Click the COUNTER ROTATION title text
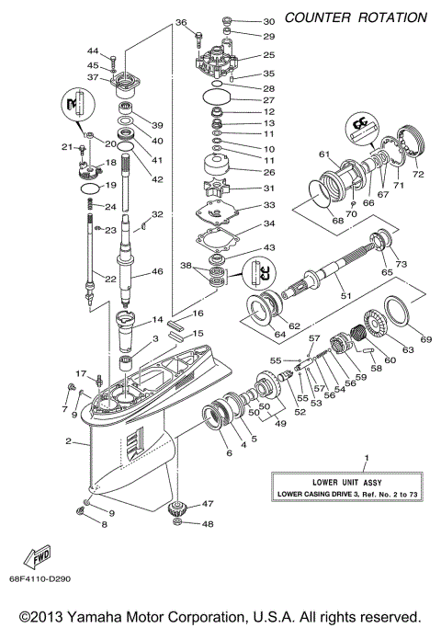point(356,17)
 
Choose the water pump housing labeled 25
point(217,62)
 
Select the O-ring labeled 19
point(87,188)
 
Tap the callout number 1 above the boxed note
point(366,458)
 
